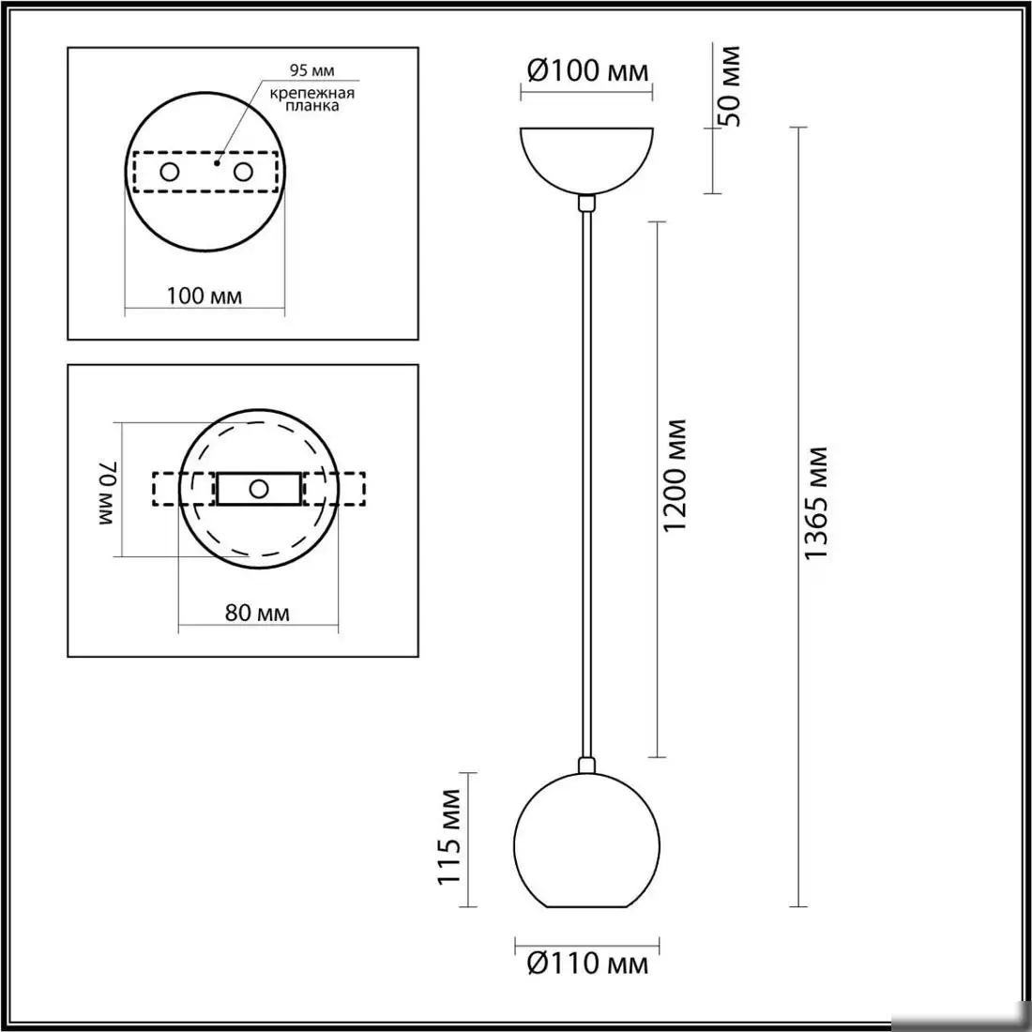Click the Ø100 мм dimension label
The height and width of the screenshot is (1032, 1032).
586,70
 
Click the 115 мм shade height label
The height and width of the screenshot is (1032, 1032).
450,837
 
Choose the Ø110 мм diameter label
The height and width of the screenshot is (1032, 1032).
586,963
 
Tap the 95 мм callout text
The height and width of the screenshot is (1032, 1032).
311,70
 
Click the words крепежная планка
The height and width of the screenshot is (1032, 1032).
312,99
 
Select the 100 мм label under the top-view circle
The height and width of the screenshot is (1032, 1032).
205,296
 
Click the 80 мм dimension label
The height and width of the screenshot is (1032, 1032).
257,614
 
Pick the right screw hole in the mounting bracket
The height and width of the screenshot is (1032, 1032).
243,172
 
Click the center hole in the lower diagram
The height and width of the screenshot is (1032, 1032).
259,489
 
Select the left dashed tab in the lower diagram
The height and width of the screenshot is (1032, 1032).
166,489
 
